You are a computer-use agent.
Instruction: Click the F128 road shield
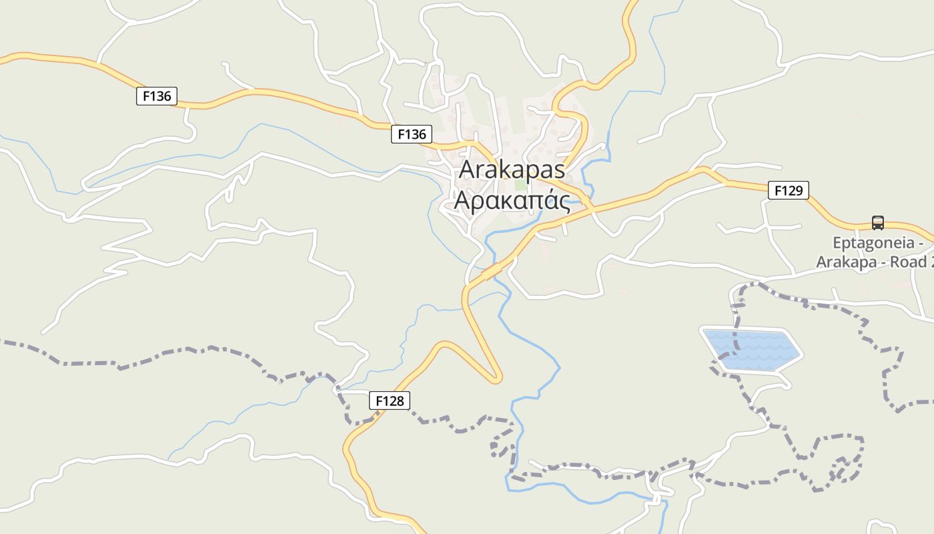(390, 400)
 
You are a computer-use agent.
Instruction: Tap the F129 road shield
(788, 190)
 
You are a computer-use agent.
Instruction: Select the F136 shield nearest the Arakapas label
(411, 134)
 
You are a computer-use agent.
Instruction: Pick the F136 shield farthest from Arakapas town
(157, 96)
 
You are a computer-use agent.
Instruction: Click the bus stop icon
(877, 223)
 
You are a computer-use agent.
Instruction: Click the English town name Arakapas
(512, 170)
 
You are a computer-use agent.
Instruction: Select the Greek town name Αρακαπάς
(512, 200)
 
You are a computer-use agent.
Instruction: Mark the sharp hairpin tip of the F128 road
(497, 380)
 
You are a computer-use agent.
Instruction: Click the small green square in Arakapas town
(520, 184)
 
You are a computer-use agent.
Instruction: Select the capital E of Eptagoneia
(837, 243)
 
